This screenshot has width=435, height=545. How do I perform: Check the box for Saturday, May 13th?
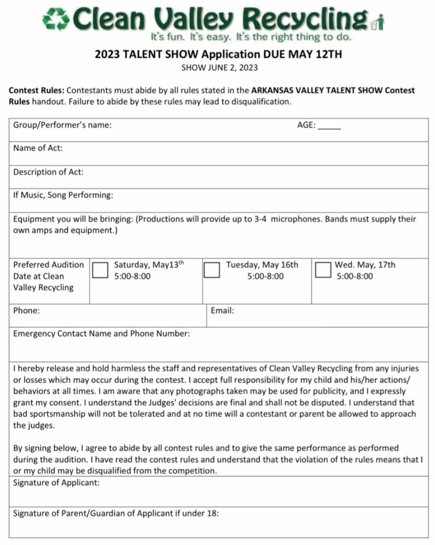[x=100, y=270]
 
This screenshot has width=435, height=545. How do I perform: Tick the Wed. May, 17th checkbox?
[x=323, y=270]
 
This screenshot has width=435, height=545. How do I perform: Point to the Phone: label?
[x=26, y=311]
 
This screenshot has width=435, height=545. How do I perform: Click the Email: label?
[x=222, y=311]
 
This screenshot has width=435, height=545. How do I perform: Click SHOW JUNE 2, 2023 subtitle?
[x=219, y=68]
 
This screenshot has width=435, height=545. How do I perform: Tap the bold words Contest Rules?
[x=37, y=90]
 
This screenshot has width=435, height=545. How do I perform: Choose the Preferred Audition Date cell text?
[x=48, y=276]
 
